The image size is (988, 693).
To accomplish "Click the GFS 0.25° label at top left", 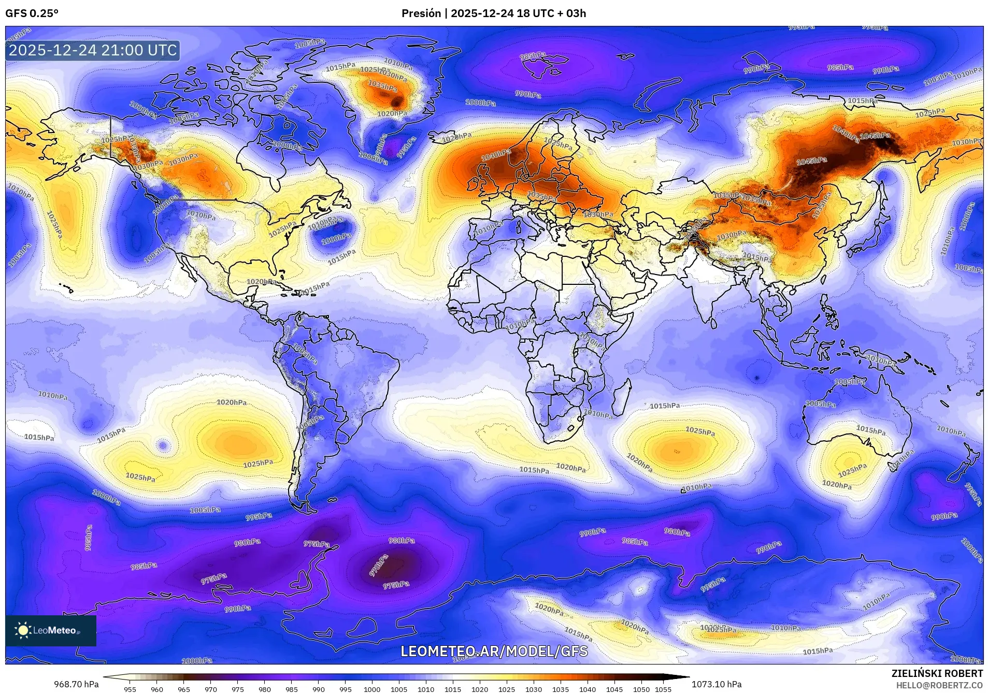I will (32, 13).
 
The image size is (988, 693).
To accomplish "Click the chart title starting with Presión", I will (493, 13).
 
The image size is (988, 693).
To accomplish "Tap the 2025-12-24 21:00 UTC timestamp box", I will (93, 50).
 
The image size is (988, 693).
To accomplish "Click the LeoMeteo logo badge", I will (51, 630).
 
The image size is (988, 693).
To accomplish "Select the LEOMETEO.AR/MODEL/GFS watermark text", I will (494, 651).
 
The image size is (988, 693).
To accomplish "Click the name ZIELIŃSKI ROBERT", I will (937, 674).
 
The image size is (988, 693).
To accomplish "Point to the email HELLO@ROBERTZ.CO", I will (939, 685).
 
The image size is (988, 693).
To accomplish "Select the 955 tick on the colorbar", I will (130, 689).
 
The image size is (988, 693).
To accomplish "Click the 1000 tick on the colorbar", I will (372, 689).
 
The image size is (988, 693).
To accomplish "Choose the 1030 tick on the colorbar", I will (534, 689).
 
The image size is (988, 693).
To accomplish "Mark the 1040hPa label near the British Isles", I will (496, 154).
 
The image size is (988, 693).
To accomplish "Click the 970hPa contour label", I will (378, 566).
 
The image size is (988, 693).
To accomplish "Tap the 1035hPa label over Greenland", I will (382, 85).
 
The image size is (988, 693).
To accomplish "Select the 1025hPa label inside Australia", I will (852, 470).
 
